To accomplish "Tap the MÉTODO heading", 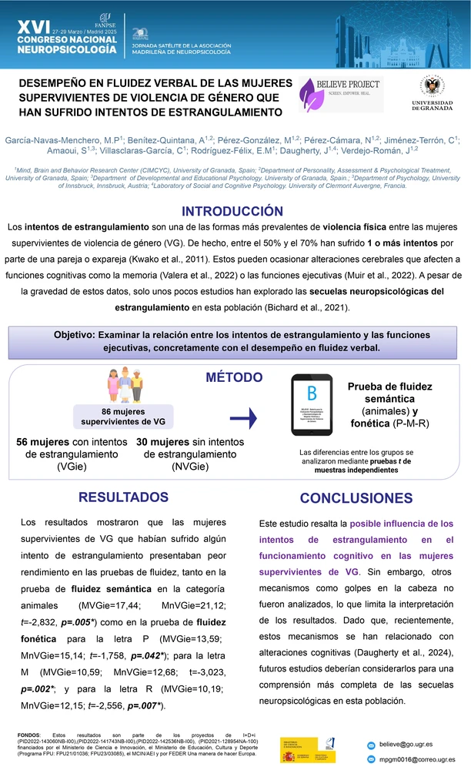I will pyautogui.click(x=235, y=377).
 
